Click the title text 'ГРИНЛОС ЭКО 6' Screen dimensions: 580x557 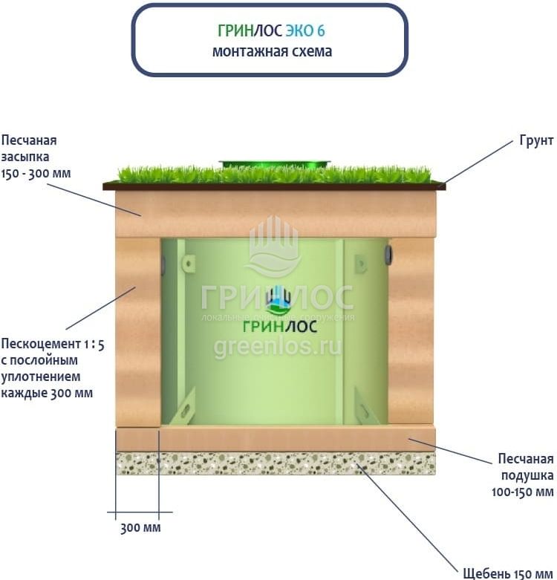click(271, 31)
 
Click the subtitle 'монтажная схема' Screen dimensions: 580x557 click(271, 52)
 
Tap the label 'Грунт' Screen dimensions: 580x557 click(535, 141)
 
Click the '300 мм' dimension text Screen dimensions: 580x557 click(140, 528)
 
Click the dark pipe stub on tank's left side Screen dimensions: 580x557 click(163, 261)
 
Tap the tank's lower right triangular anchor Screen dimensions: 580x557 click(362, 404)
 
